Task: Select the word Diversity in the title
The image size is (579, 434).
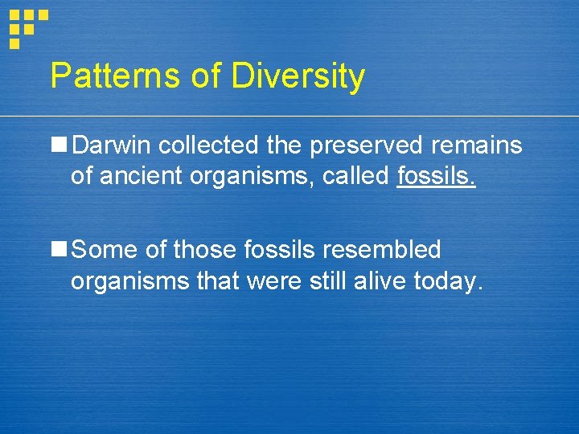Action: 298,77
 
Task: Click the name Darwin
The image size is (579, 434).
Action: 112,145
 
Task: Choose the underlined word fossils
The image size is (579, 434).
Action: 437,175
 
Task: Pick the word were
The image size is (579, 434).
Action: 275,280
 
